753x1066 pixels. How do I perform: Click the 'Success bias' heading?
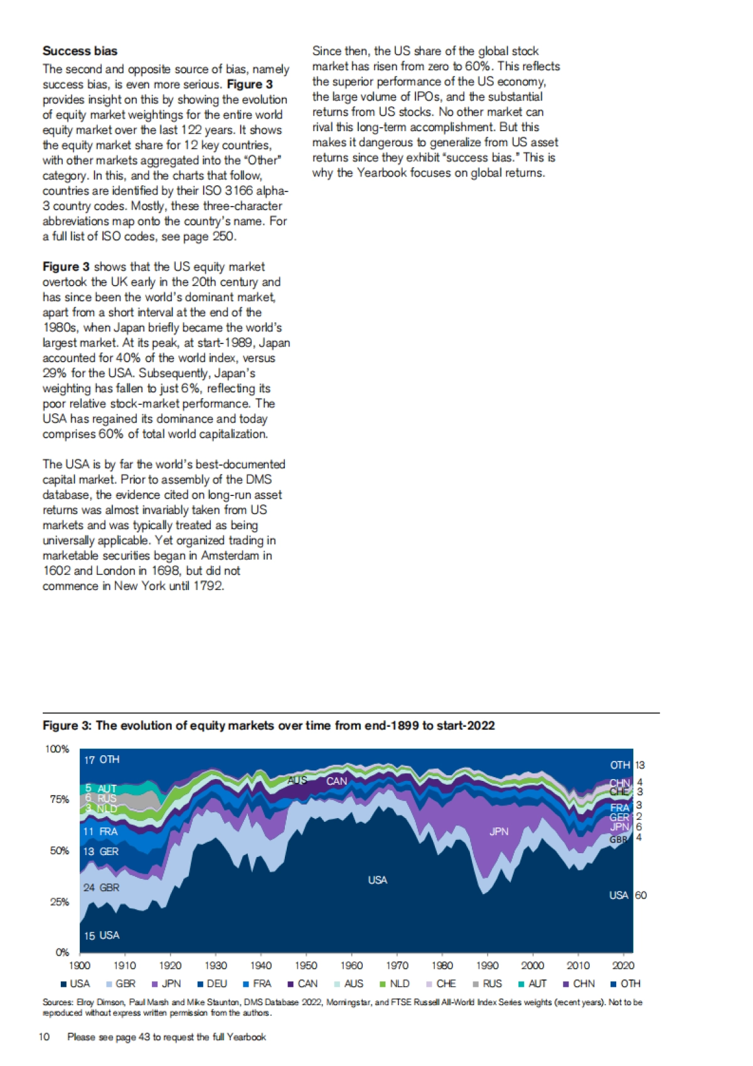click(80, 51)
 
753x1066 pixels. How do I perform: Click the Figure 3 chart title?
click(269, 726)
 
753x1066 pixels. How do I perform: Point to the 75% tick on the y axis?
click(60, 800)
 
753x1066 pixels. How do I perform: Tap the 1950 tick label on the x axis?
click(306, 966)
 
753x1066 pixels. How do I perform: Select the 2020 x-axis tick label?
click(623, 966)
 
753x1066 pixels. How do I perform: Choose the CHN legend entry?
click(579, 984)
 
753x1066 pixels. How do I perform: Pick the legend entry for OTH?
click(626, 984)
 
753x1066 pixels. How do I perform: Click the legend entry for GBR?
click(120, 984)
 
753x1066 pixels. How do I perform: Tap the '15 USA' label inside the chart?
click(102, 935)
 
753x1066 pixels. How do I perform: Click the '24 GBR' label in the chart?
click(101, 888)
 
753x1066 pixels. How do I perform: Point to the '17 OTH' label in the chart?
click(102, 760)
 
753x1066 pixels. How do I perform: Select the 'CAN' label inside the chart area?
click(336, 782)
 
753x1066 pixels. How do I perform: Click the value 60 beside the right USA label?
click(641, 895)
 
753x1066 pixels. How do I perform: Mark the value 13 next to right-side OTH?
click(639, 765)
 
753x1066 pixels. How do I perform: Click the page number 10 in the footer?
click(44, 1037)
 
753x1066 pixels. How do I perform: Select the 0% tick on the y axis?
click(62, 952)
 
